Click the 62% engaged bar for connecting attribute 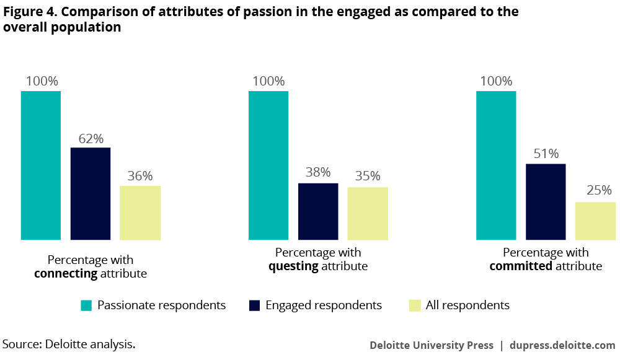tap(91, 193)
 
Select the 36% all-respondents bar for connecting tap(140, 213)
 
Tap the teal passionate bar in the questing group tap(268, 165)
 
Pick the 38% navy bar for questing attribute tap(318, 211)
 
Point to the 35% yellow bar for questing tap(368, 213)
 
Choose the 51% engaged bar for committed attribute tap(546, 201)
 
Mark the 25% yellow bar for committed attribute tap(595, 221)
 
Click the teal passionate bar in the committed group tap(496, 165)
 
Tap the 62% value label tap(91, 138)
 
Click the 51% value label tap(546, 154)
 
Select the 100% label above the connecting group tap(42, 81)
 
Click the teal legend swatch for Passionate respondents tap(86, 305)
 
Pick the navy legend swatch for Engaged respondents tap(254, 305)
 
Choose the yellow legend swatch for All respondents tap(414, 305)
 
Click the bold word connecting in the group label tap(66, 273)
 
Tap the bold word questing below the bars tap(293, 266)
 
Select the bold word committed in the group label tap(521, 266)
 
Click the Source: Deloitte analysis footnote tap(69, 344)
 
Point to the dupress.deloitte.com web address tap(562, 345)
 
